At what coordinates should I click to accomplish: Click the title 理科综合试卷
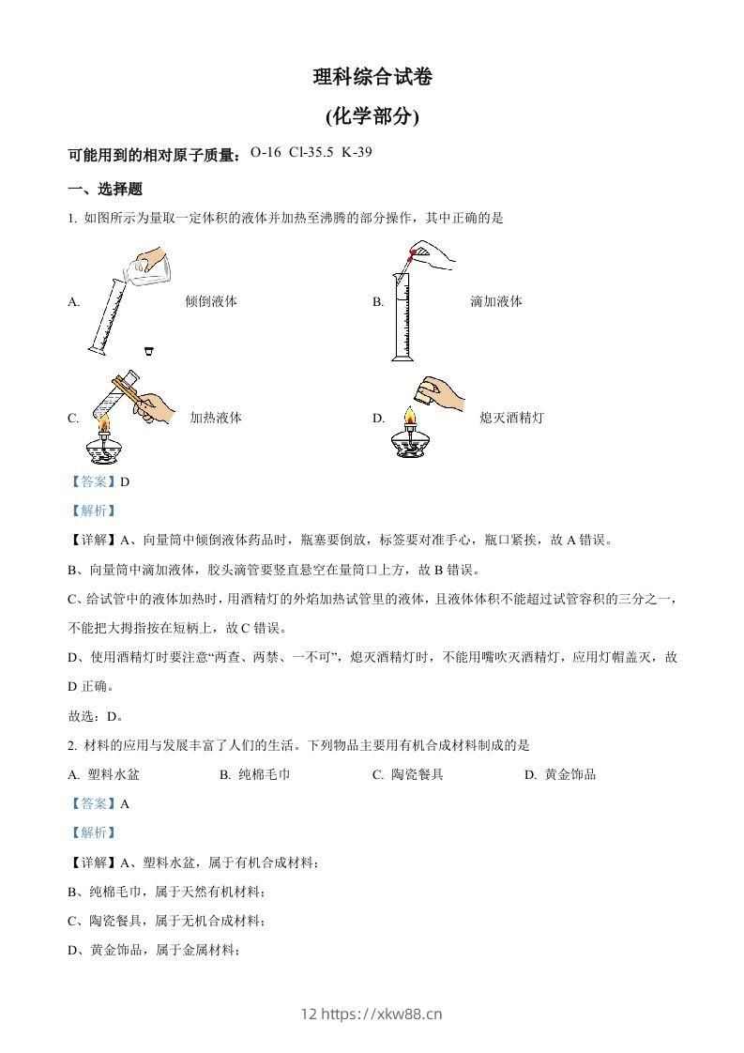(x=372, y=78)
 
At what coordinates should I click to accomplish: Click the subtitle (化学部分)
(x=372, y=117)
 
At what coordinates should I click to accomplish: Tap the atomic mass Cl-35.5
(x=311, y=152)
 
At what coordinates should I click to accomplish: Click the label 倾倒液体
(x=210, y=301)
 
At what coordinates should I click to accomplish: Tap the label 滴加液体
(x=495, y=301)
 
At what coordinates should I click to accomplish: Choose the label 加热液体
(x=215, y=418)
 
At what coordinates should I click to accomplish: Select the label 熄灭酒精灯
(x=510, y=418)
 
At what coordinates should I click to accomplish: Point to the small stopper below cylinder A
(x=148, y=351)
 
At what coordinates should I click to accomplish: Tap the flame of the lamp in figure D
(x=408, y=417)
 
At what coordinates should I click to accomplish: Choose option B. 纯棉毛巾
(x=255, y=774)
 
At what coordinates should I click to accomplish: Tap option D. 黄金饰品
(x=560, y=774)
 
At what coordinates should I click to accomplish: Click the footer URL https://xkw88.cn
(x=382, y=1013)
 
